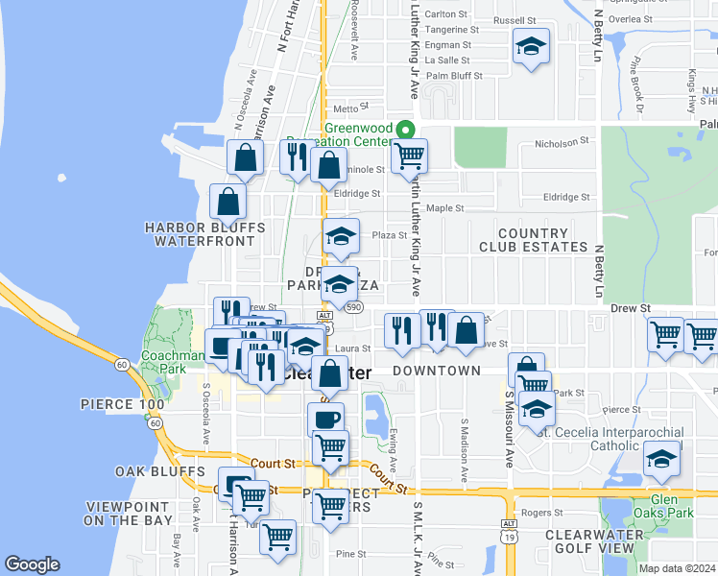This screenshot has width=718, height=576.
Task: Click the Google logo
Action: [x=33, y=564]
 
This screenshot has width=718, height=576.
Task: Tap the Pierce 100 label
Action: [x=122, y=404]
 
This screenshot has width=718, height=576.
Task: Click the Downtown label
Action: [x=437, y=371]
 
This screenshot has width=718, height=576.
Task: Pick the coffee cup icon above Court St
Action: [x=325, y=419]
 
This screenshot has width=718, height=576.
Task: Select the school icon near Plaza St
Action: [x=340, y=237]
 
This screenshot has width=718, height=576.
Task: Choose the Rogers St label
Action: [x=542, y=513]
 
